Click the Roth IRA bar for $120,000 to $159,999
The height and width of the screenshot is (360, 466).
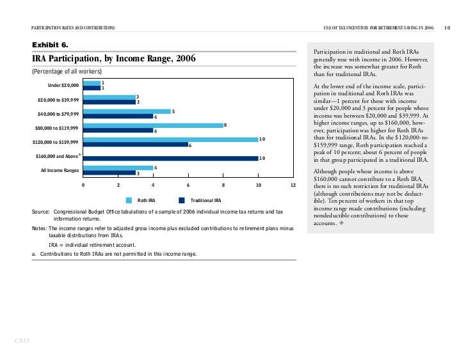tap(170, 139)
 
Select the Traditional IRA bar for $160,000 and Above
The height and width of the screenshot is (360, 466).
tap(170, 158)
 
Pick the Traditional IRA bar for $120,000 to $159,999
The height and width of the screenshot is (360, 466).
tap(135, 145)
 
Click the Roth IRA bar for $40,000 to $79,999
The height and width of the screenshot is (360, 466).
tap(126, 111)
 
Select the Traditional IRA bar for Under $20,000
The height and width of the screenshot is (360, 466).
tap(92, 88)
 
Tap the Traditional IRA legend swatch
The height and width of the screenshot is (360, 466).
tap(182, 200)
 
